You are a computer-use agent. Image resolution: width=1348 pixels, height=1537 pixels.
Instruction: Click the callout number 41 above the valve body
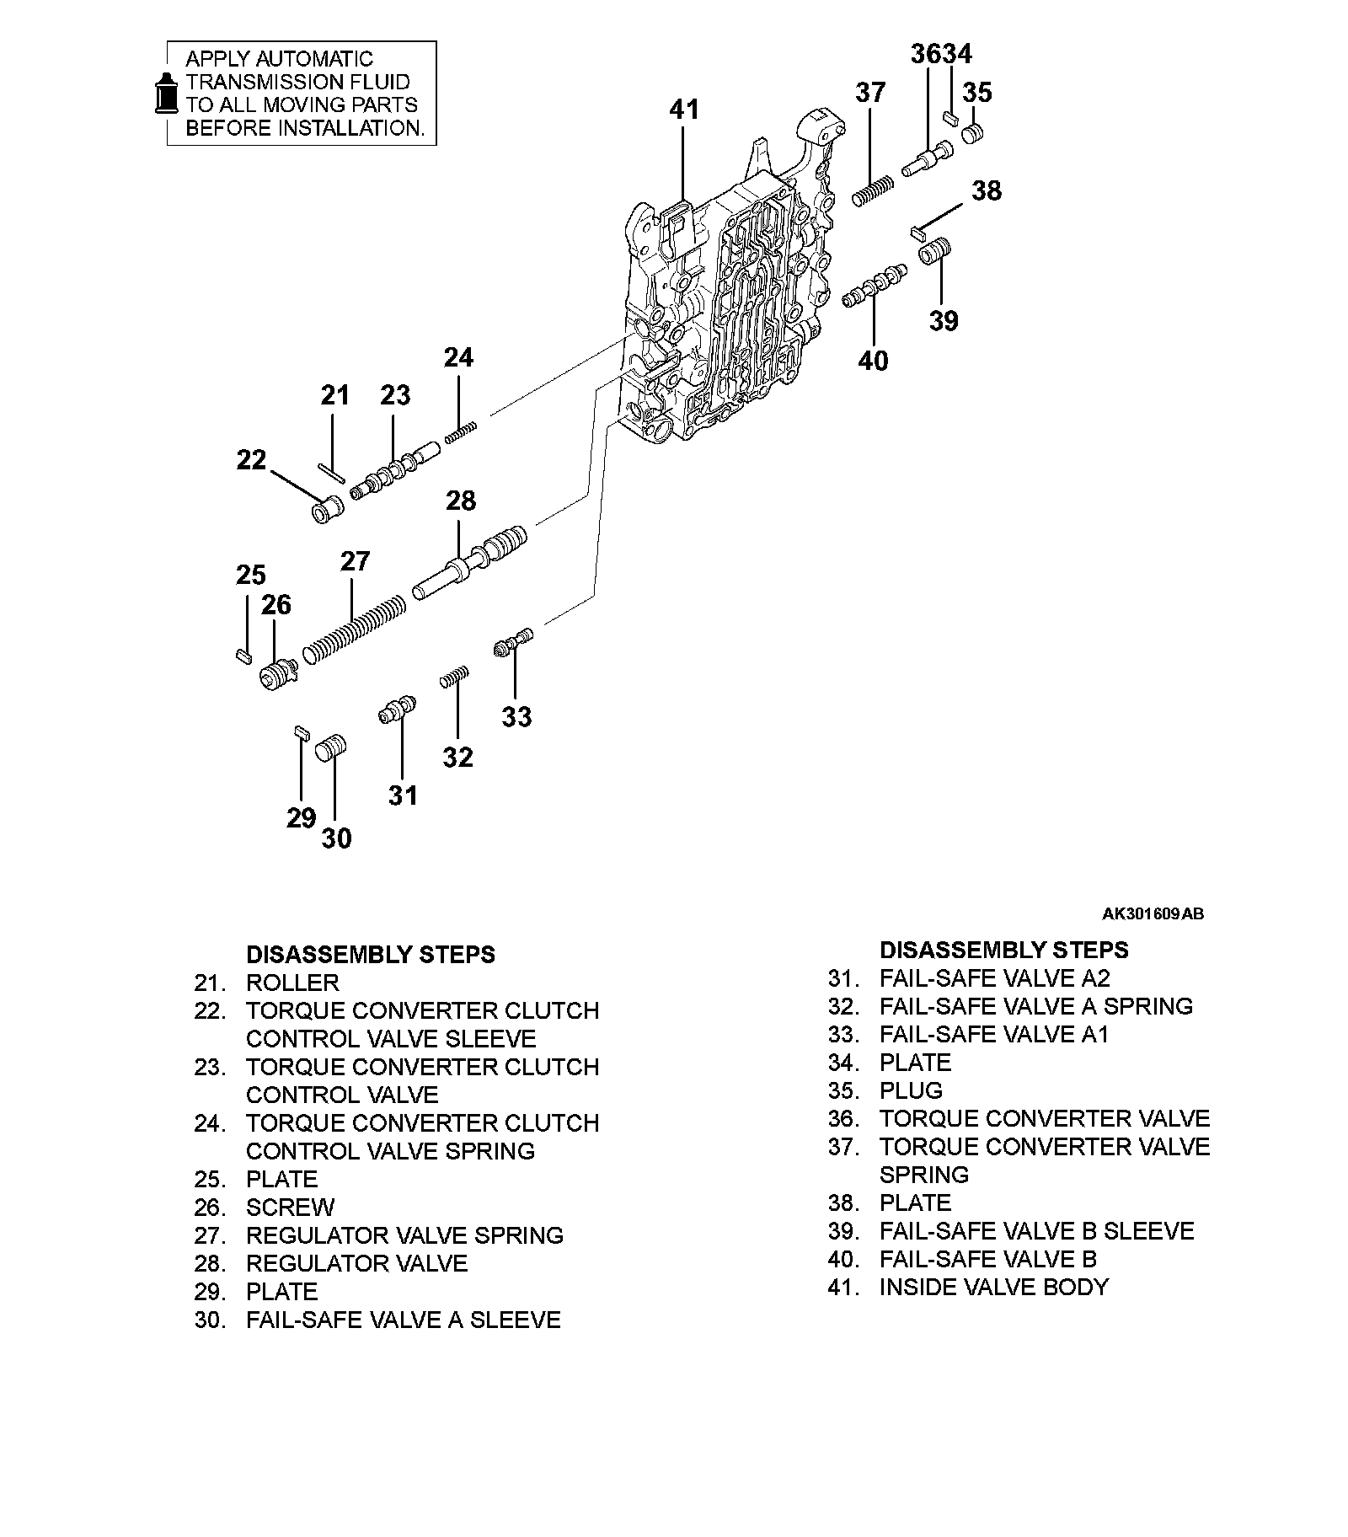click(x=684, y=110)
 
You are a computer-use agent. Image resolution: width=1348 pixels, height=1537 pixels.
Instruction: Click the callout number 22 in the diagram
click(x=251, y=460)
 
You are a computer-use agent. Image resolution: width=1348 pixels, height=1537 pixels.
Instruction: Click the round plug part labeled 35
click(x=974, y=133)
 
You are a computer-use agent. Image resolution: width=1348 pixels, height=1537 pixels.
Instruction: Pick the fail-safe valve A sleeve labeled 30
click(x=332, y=747)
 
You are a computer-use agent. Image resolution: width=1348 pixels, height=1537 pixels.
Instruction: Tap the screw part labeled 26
click(x=277, y=675)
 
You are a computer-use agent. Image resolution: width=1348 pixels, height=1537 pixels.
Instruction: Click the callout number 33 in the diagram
click(x=516, y=717)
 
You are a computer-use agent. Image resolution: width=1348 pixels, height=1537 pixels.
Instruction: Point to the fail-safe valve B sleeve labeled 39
click(x=935, y=250)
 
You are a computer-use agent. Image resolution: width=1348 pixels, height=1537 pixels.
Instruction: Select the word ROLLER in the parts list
click(x=292, y=983)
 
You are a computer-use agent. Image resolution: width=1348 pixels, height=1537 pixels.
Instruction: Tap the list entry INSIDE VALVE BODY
click(x=993, y=1287)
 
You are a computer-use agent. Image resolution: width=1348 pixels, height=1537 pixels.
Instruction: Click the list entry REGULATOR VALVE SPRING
click(x=404, y=1235)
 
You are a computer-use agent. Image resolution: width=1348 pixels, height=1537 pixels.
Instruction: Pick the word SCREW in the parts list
click(x=290, y=1208)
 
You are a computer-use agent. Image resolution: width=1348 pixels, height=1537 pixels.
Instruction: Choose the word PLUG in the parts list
click(x=911, y=1090)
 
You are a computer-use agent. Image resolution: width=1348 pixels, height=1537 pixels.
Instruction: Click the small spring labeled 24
click(x=461, y=431)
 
